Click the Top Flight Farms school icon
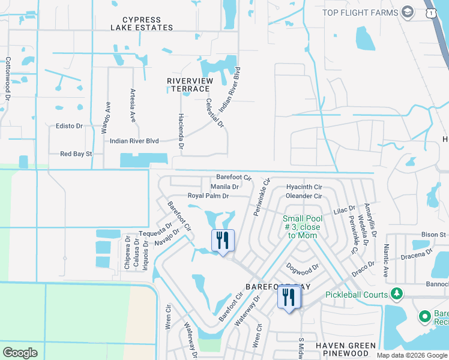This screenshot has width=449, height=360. pyautogui.click(x=408, y=13)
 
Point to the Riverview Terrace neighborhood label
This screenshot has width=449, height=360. pyautogui.click(x=189, y=85)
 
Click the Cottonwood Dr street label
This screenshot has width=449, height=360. pyautogui.click(x=8, y=78)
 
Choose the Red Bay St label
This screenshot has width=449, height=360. pyautogui.click(x=76, y=154)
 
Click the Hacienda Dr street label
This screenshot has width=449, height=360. pyautogui.click(x=180, y=130)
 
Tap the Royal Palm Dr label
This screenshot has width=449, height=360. pyautogui.click(x=208, y=196)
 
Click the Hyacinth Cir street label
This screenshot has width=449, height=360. pyautogui.click(x=304, y=187)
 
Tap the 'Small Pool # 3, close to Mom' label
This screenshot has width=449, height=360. pyautogui.click(x=301, y=227)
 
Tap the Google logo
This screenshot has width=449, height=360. pyautogui.click(x=20, y=353)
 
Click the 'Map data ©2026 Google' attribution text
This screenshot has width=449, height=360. pyautogui.click(x=411, y=355)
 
